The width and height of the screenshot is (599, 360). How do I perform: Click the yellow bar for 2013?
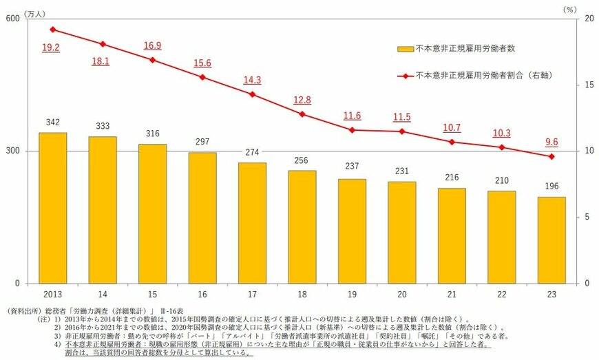click(52, 208)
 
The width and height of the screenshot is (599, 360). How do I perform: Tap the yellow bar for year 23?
click(551, 240)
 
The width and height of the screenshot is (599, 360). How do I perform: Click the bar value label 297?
click(202, 141)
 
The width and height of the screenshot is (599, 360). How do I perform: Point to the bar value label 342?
click(52, 121)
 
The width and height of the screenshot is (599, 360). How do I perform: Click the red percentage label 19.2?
click(51, 48)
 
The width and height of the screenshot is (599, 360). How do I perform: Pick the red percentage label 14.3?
click(252, 80)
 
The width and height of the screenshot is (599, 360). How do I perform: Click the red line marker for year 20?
click(402, 131)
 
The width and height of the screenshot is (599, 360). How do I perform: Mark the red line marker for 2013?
click(52, 30)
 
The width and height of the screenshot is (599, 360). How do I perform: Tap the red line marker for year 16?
click(202, 77)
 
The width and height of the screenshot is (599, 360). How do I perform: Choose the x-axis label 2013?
click(52, 294)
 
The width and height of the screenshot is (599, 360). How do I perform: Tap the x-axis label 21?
click(452, 294)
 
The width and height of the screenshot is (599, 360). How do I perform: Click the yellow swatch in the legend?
click(406, 49)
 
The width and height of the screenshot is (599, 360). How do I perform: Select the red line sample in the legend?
click(406, 74)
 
